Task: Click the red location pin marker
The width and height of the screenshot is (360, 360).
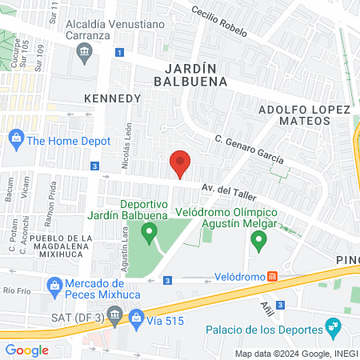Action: coord(180,163)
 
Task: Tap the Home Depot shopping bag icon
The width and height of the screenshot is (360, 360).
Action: coord(15,138)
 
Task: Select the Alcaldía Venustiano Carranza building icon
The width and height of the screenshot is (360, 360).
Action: coord(84,54)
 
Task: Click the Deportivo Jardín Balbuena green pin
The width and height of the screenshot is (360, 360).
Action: coord(148,234)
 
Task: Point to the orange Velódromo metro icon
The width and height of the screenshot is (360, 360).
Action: coord(272,277)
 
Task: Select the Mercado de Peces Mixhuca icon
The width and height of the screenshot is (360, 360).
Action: coord(54,284)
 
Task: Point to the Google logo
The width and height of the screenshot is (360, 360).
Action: coord(26,350)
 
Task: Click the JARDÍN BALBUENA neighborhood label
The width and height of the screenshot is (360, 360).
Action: coord(197,74)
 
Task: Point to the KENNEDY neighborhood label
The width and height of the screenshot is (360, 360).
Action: coord(112,98)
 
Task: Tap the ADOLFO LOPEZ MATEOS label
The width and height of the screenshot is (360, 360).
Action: coord(302,114)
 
